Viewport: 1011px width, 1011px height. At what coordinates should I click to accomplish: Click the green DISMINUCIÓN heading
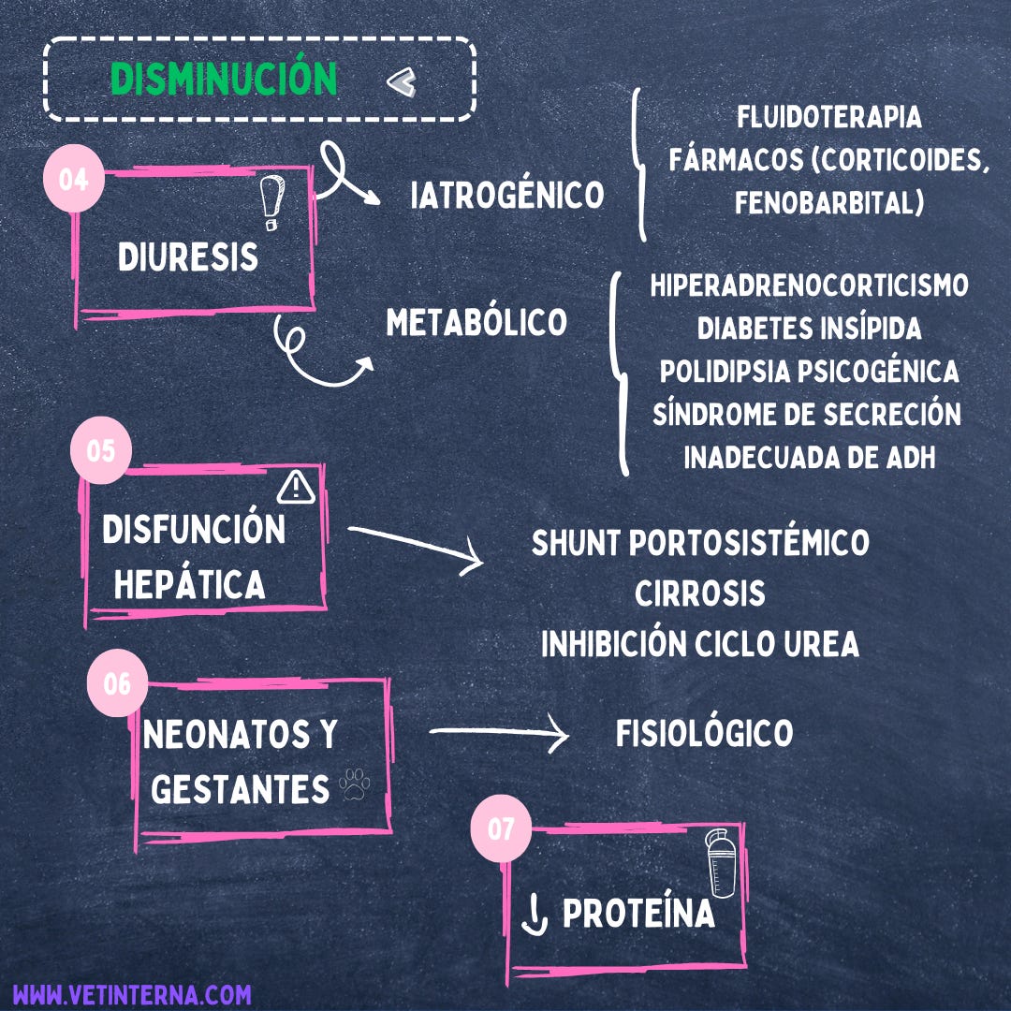tap(224, 80)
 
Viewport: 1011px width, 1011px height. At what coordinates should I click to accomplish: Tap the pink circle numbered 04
tap(74, 178)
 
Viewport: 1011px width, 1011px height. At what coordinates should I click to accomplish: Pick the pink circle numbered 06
tap(117, 684)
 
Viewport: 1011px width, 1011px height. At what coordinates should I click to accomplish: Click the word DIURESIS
tap(187, 256)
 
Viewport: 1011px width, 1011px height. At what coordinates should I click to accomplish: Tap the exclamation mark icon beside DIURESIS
tap(271, 203)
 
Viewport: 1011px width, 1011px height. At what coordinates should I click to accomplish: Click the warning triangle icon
tap(296, 485)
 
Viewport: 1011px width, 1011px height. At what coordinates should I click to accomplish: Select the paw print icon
tap(355, 785)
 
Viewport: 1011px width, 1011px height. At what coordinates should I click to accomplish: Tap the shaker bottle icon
tap(721, 863)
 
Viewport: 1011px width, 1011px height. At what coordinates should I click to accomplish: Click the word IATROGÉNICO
tap(507, 196)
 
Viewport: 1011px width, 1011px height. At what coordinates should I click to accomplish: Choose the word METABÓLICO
tap(476, 323)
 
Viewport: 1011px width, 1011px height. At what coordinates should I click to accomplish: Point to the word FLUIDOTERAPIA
tap(828, 118)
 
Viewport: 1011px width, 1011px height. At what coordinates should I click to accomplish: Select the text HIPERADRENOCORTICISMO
tap(809, 286)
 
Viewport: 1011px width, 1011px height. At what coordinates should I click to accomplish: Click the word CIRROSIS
tap(699, 593)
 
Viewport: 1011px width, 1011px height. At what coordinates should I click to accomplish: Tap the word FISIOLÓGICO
tap(704, 734)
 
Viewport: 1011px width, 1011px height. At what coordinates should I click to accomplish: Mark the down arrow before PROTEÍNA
tap(534, 916)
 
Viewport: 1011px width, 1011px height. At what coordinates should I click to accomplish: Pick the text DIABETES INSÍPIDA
tap(809, 329)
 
